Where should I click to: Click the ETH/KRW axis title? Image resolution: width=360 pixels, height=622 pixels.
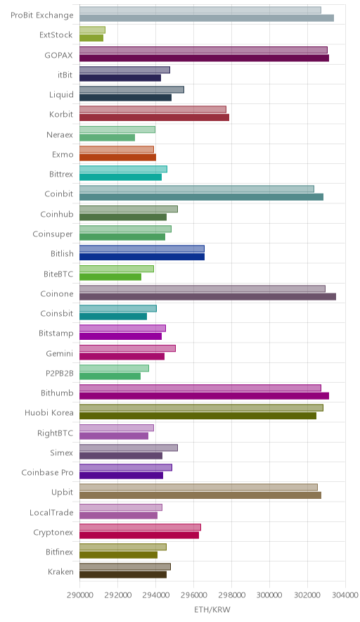coord(212,609)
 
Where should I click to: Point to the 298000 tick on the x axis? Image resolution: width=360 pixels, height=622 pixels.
coord(231,595)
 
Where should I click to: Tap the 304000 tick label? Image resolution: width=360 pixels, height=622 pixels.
coord(345,595)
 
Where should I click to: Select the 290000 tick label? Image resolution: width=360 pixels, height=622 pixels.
coord(79,595)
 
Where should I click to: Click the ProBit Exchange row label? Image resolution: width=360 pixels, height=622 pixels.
coord(42,15)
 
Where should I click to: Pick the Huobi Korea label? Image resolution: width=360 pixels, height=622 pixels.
coord(49,412)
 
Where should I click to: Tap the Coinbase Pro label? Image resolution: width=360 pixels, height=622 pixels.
coord(48,472)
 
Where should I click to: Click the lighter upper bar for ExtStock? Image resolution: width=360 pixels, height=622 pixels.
coord(92,30)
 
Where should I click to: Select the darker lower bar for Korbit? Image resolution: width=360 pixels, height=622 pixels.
coord(154,118)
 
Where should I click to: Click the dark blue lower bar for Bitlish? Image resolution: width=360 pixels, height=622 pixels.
coord(142,257)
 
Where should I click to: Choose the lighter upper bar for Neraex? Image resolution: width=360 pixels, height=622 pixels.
coord(117,129)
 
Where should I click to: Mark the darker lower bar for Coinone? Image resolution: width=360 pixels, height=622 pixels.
coord(207,296)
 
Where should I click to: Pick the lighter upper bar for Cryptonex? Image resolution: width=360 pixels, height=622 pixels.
coord(141,527)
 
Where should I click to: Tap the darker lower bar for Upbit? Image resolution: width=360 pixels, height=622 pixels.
coord(200,495)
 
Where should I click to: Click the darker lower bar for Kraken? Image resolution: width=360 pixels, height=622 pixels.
coord(123,574)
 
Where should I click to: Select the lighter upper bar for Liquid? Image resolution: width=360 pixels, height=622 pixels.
coord(131,89)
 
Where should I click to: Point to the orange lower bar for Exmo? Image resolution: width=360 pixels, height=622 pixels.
coord(117,157)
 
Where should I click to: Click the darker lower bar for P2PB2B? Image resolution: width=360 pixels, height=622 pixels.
coord(110,376)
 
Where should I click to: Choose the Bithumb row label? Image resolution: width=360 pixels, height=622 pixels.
coord(57,393)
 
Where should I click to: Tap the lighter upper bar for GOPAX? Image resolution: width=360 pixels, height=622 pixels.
coord(203,50)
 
